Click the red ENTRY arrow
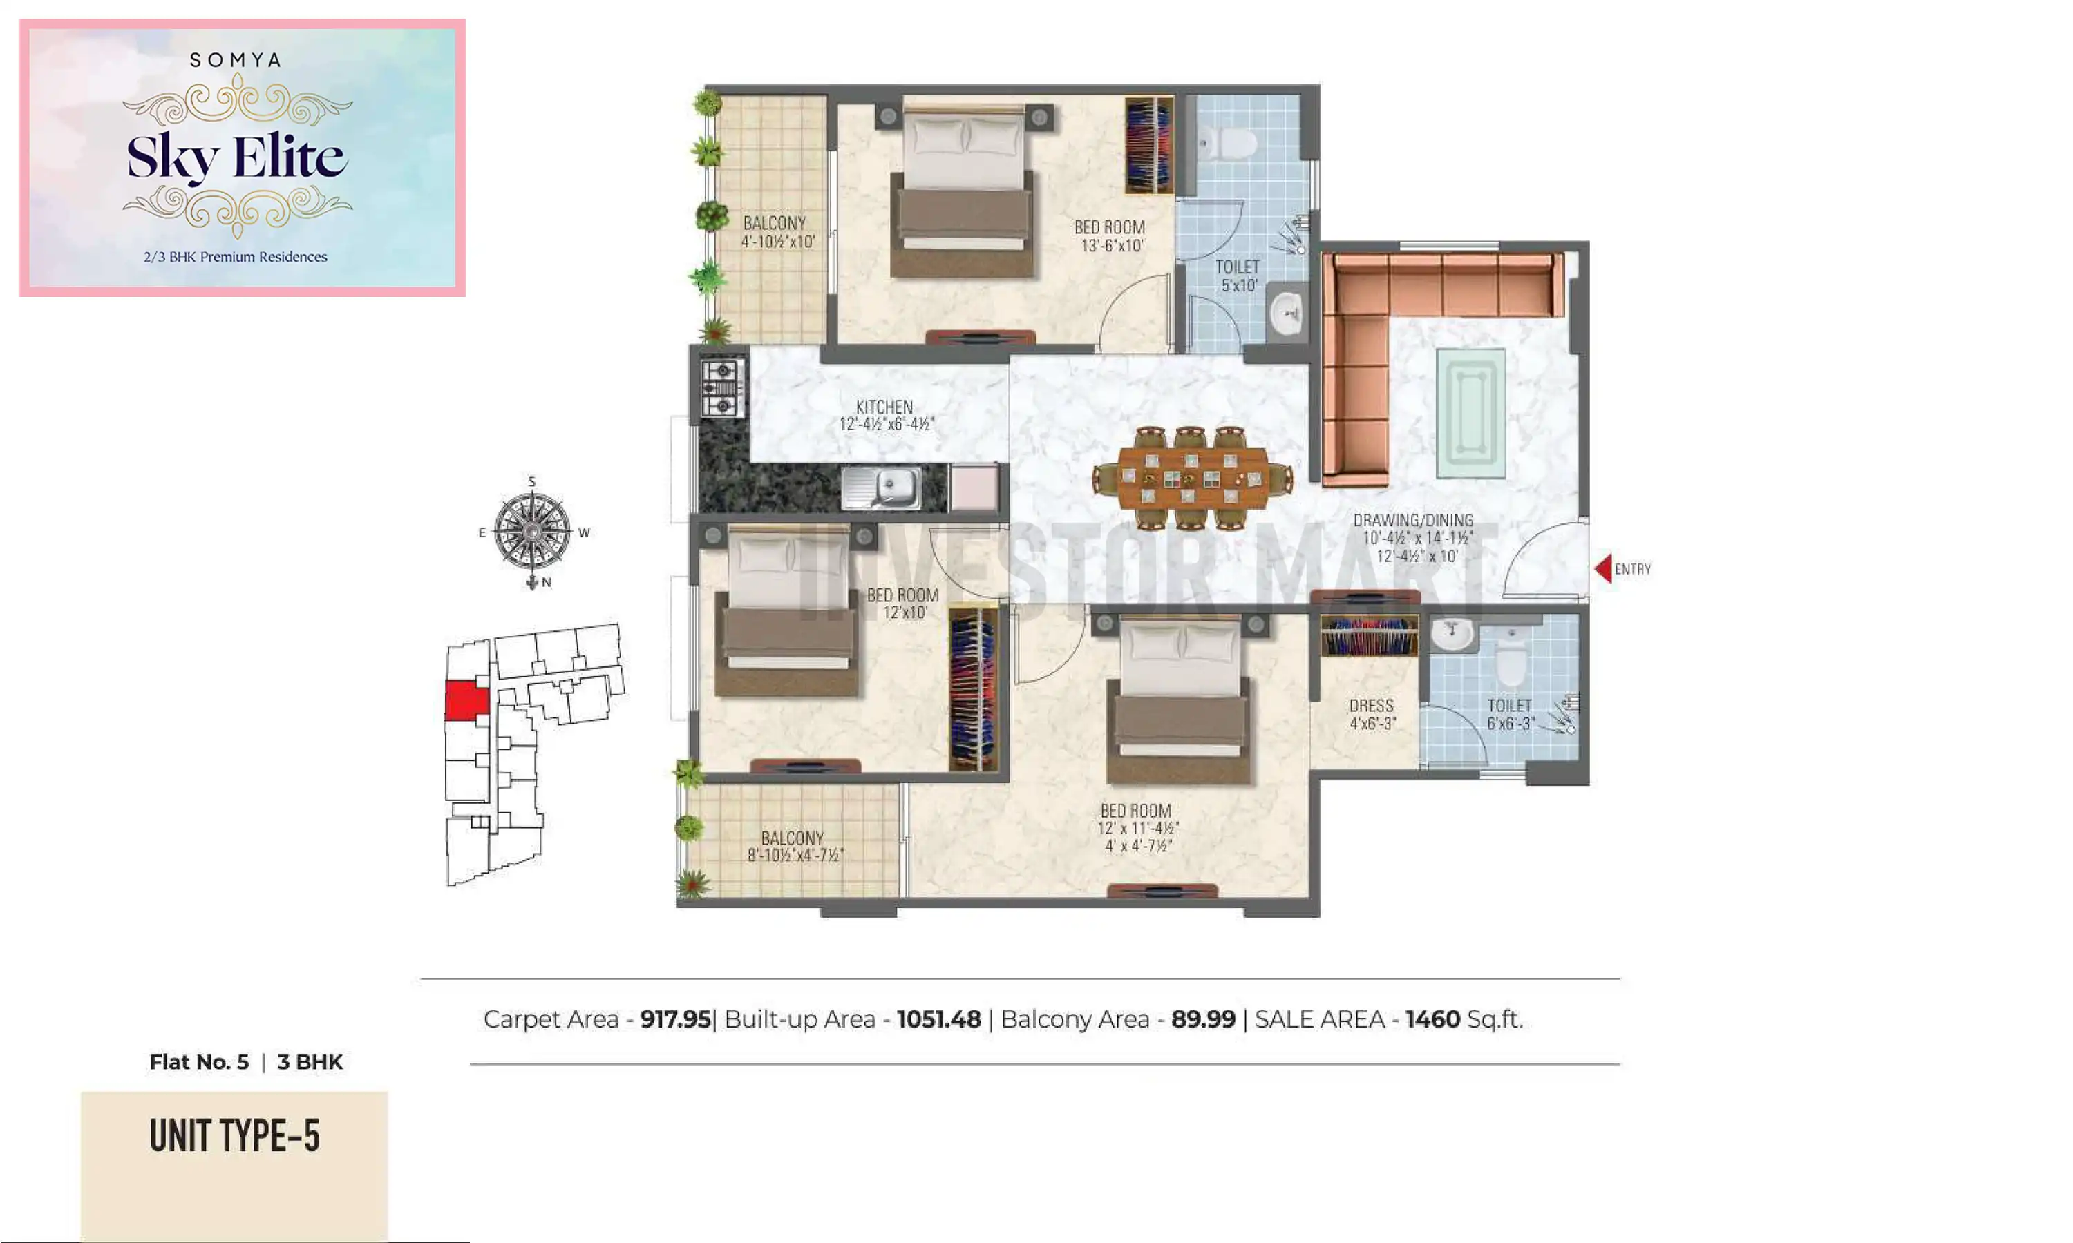pos(1603,569)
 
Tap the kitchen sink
pos(882,488)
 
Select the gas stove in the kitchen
pos(721,388)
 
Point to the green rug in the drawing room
pos(1470,413)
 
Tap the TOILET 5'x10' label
pos(1238,276)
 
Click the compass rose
pos(532,531)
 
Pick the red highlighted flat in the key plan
pos(466,700)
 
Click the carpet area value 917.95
pos(674,1019)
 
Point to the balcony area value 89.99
pos(1202,1019)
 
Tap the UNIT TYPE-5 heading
pos(235,1136)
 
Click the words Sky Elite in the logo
pos(236,157)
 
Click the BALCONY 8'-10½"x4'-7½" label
pos(793,846)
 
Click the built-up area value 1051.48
pos(938,1019)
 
